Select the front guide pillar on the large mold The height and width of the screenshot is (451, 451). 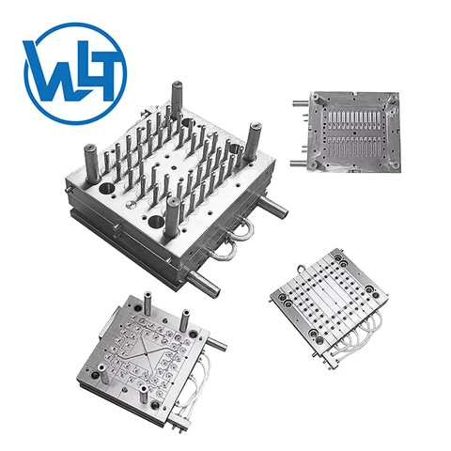172,219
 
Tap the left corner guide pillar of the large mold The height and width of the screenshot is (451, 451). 84,161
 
